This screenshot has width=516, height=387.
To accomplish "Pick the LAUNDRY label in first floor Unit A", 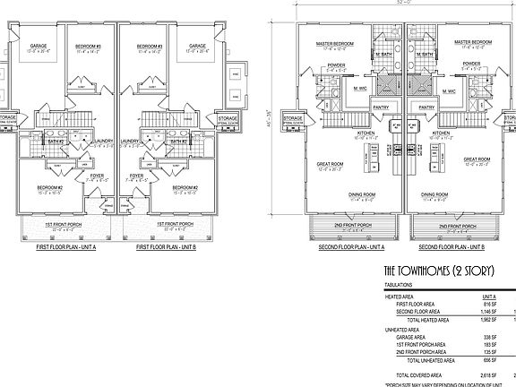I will coord(101,141).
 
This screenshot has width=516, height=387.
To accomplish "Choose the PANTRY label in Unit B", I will coord(427,105).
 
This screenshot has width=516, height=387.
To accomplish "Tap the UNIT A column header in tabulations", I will coord(488,297).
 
